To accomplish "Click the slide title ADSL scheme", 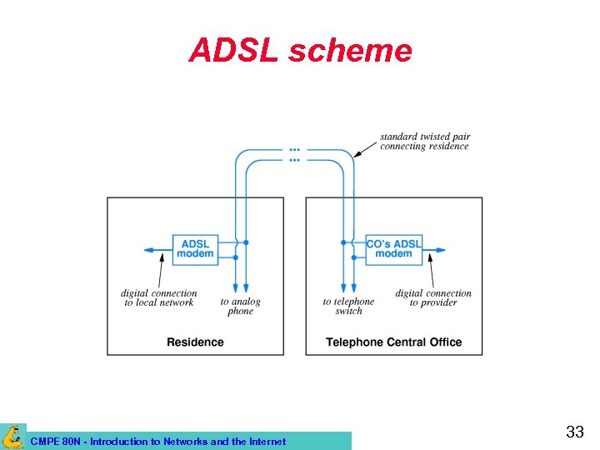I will point(300,51).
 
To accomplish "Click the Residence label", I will point(195,342).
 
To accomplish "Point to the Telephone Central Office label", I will point(393,342).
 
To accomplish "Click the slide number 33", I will point(574,432).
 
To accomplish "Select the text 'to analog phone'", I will point(240,306).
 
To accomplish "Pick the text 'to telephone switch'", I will point(348,306).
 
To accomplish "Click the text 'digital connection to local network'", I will point(159,297).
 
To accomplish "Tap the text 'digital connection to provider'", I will point(433,297).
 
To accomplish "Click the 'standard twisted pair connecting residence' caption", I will point(424,141).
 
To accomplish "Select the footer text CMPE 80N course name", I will point(157,442).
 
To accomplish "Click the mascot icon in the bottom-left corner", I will point(12,436).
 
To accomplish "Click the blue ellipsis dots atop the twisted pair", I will point(294,155).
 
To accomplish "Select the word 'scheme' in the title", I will point(350,51).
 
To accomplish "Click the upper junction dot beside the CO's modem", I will point(343,242).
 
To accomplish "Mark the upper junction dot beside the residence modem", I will point(246,242).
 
